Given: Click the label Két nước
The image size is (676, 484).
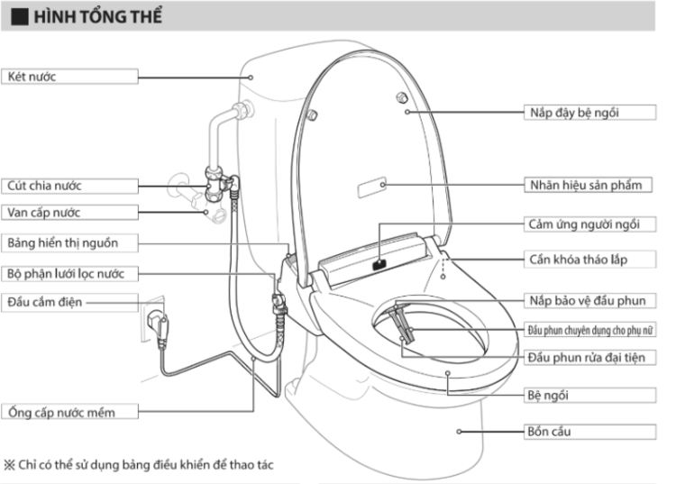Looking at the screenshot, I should (32, 77).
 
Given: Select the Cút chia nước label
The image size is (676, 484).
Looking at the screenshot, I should (45, 186).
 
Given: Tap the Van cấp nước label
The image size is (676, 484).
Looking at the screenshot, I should (44, 213).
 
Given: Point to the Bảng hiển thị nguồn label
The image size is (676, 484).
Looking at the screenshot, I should (62, 243).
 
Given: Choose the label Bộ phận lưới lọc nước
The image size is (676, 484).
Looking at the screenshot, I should (73, 273).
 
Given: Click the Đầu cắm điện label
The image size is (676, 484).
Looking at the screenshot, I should (45, 302).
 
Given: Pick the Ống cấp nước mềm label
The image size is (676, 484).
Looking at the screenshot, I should (61, 412).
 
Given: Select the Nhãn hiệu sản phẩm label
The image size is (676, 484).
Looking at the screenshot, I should (584, 185).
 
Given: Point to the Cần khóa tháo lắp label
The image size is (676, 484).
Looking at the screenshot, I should (577, 260).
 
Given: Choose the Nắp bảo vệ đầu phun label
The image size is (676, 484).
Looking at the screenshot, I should (586, 300).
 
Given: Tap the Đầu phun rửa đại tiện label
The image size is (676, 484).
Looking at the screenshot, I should (586, 358).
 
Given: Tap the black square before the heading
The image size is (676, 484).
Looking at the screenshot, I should (18, 17).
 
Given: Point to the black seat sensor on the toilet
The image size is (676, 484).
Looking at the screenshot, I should (379, 264).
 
